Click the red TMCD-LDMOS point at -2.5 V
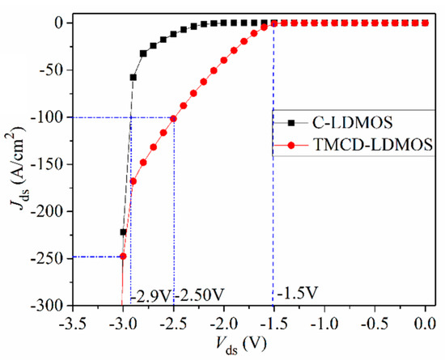tap(173, 118)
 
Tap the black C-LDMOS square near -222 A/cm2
tap(123, 232)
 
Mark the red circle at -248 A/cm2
tap(123, 256)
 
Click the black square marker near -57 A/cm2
tap(133, 78)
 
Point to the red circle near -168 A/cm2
tap(133, 181)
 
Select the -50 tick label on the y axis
tap(50, 70)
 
